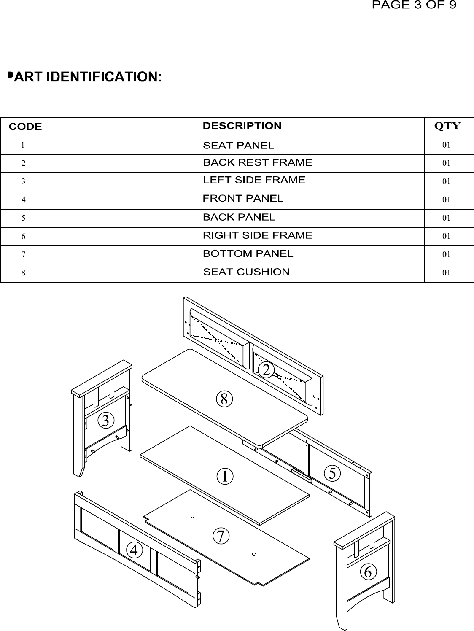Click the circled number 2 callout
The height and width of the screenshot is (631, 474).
(266, 369)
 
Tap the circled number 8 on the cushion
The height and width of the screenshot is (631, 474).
(224, 399)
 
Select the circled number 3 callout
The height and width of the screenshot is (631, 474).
(106, 421)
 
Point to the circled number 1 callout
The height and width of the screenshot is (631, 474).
(225, 477)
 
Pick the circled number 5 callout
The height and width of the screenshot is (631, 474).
(332, 473)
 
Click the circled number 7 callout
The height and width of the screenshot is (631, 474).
(221, 536)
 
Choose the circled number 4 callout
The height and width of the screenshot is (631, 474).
(134, 550)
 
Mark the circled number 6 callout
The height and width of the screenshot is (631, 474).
(368, 572)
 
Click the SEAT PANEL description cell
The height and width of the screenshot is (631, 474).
(238, 146)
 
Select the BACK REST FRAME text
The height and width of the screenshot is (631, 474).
(257, 162)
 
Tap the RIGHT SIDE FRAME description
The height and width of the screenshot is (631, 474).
(257, 235)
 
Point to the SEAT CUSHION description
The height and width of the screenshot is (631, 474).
(246, 272)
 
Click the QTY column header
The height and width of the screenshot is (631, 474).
(447, 126)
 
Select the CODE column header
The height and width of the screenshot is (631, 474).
(25, 127)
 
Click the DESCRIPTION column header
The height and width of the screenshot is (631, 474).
(242, 126)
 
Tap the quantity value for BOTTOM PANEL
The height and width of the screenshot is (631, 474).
(446, 254)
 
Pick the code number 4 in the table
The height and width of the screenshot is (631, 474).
(23, 200)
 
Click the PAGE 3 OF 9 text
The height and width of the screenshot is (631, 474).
(414, 5)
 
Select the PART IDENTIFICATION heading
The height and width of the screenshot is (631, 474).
(84, 77)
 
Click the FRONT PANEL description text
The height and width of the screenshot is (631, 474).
(243, 198)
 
